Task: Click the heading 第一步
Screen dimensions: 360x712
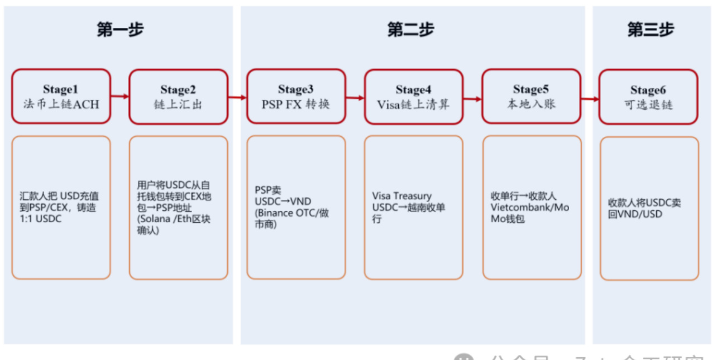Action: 120,30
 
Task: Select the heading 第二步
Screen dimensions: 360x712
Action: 410,30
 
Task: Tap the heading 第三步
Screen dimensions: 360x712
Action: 650,30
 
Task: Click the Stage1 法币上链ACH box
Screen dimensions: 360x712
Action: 61,96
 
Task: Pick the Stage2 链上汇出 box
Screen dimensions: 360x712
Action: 178,96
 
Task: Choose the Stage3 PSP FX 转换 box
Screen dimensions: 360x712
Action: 296,96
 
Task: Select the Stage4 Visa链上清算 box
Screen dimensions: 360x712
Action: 413,96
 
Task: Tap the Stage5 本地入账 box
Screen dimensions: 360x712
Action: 531,96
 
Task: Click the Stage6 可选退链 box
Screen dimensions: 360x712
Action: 648,96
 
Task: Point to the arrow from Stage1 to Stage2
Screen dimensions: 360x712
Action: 120,96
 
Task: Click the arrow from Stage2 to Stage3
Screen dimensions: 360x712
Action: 237,98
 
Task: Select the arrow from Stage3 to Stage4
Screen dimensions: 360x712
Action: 355,98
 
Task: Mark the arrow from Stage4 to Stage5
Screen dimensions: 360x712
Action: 472,99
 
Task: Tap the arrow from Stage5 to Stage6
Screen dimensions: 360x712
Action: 590,99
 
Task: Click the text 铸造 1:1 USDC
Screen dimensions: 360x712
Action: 55,213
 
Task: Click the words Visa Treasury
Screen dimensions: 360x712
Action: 402,196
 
